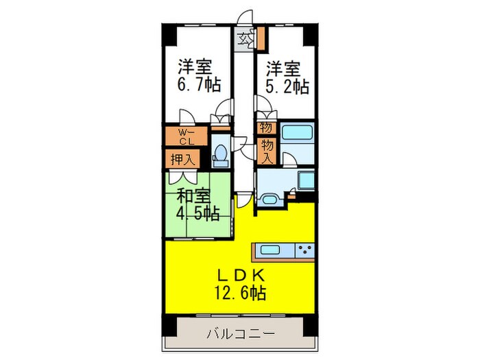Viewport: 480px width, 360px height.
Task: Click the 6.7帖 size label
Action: pos(199,86)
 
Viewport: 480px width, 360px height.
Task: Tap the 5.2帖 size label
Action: pos(287,87)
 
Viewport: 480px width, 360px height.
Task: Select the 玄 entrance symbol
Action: pos(245,39)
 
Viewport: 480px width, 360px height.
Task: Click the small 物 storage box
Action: pos(265,127)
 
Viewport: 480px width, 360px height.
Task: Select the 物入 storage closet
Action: pos(266,150)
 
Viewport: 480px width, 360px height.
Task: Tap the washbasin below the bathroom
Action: pos(268,200)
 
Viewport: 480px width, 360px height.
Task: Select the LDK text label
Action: pos(240,274)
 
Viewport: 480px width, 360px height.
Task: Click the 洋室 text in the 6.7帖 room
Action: pos(195,67)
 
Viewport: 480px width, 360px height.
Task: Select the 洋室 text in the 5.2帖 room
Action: pos(285,69)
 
